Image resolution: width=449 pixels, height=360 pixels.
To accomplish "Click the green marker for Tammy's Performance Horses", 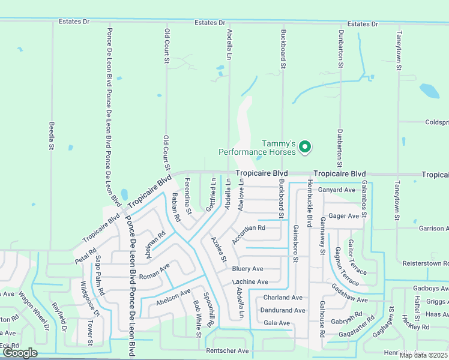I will [304, 146].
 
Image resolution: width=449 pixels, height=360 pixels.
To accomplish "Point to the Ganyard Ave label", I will [337, 190].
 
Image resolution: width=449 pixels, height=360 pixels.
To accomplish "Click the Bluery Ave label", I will [248, 269].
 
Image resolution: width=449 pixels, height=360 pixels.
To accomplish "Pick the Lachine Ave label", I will [250, 281].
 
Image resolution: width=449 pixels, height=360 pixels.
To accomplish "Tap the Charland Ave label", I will [283, 298].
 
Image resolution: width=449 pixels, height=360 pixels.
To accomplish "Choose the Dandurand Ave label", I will [283, 310].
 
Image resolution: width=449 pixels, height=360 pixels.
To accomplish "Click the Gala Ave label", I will [277, 323].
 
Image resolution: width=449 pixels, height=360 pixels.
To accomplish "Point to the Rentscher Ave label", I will [227, 350].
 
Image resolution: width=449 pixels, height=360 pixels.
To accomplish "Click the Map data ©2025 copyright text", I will [423, 355].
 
